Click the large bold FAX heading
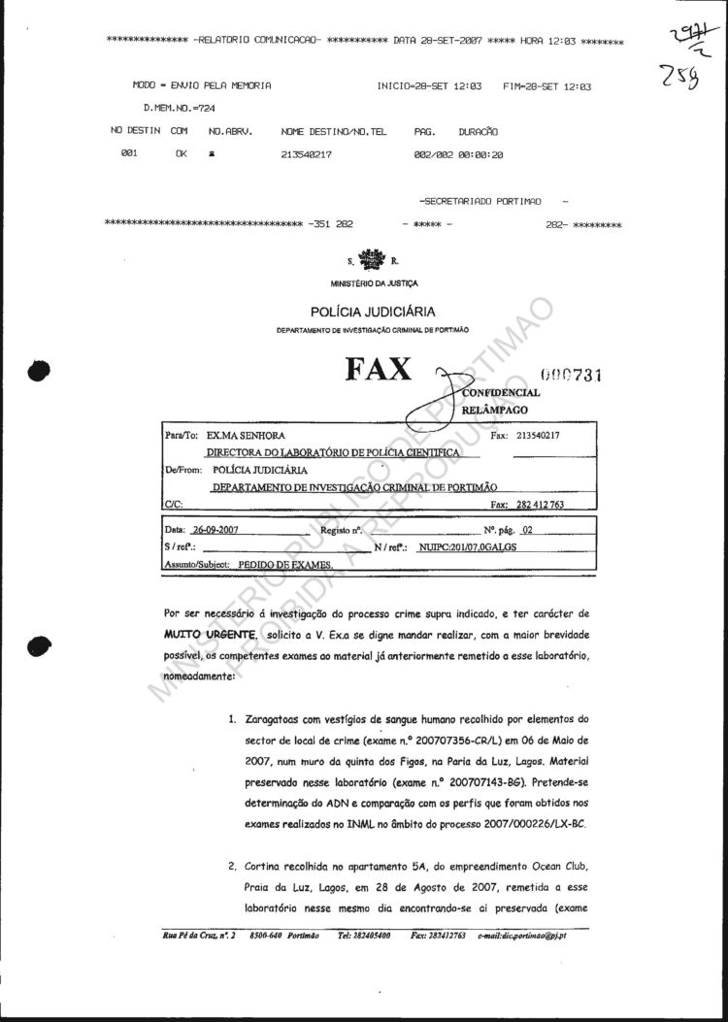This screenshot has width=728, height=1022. click(x=378, y=371)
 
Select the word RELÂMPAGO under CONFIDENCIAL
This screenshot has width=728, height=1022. click(x=501, y=412)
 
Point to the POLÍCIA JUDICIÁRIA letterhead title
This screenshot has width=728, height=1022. click(x=373, y=312)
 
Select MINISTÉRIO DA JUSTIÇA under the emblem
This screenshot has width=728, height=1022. click(x=374, y=283)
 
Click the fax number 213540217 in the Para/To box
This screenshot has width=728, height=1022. click(x=546, y=436)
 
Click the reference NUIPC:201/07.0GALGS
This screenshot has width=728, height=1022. click(x=462, y=548)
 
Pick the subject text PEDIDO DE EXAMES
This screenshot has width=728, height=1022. click(x=286, y=564)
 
